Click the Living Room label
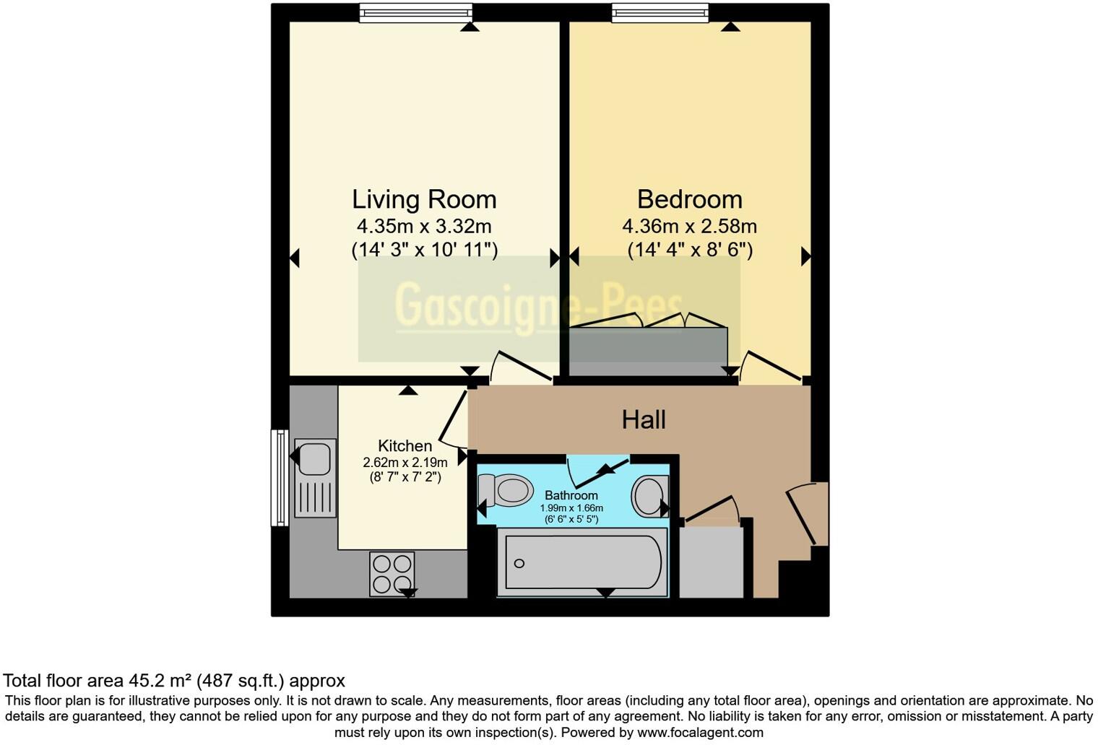424,199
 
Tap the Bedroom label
689,199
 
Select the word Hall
644,419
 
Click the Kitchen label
405,446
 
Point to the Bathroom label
571,495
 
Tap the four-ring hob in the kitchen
392,573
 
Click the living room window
416,13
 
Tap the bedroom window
660,13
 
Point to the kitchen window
280,477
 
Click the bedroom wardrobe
648,351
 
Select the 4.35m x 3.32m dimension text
424,226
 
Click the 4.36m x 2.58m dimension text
689,227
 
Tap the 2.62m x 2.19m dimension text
405,462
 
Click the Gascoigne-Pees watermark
538,306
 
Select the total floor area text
174,680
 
